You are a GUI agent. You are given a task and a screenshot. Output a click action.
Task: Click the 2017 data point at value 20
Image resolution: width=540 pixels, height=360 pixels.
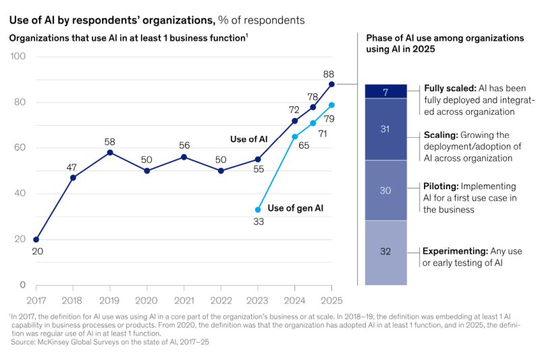[x=36, y=239]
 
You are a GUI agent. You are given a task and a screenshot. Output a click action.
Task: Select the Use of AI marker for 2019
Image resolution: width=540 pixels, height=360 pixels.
[x=110, y=152]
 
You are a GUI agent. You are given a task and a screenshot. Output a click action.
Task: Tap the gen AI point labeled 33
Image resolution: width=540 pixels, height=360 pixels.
[x=258, y=209]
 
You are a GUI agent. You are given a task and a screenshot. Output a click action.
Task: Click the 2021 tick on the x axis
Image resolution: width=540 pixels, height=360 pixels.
[x=184, y=298]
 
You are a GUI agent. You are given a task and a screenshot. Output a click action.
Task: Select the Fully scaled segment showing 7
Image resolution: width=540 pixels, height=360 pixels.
[x=385, y=91]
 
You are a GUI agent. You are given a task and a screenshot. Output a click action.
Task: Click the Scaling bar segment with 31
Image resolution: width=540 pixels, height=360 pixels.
[x=385, y=129]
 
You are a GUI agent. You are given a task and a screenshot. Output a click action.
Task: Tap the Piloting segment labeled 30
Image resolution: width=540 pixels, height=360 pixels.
[x=385, y=190]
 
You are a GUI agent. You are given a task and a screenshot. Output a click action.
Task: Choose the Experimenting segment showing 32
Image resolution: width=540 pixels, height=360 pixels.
[x=385, y=252]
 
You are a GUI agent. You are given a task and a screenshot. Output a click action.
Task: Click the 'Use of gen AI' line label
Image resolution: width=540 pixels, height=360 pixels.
[x=296, y=208]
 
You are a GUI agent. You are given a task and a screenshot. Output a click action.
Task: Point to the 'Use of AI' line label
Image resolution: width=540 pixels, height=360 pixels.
[x=248, y=139]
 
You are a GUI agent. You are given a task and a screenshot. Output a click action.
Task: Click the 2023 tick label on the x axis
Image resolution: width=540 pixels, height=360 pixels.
[x=258, y=298]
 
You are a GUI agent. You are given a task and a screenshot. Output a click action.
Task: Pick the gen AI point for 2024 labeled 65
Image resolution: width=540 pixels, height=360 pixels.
[x=294, y=136]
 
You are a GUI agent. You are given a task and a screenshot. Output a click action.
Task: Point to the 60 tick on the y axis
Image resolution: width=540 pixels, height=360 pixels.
[x=19, y=148]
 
